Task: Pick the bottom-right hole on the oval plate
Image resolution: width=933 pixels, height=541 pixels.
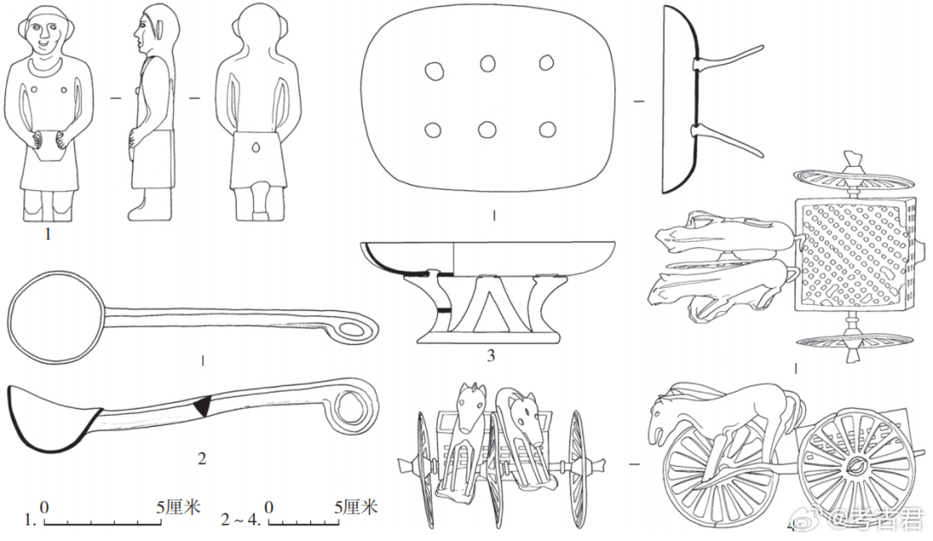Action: click(x=546, y=130)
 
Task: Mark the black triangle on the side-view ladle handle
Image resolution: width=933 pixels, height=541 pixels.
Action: click(x=203, y=406)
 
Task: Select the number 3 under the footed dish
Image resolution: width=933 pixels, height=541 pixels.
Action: click(x=490, y=354)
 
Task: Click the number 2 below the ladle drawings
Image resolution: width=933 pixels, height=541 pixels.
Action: click(x=201, y=459)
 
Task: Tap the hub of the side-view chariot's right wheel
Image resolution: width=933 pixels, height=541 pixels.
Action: click(x=853, y=468)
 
